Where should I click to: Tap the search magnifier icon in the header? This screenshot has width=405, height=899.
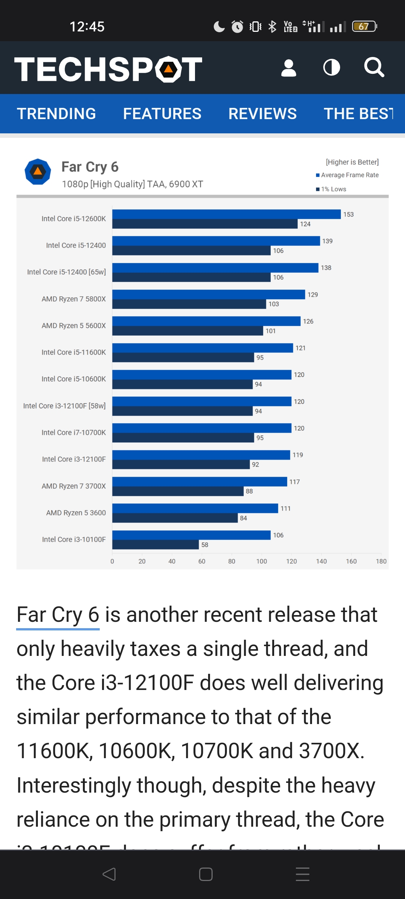[x=374, y=67]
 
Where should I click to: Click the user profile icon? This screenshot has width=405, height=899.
[x=288, y=68]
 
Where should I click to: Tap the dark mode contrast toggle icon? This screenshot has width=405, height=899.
[x=331, y=68]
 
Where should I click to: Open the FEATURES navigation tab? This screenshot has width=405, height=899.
[x=162, y=114]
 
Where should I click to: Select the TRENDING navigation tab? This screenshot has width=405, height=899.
[x=56, y=114]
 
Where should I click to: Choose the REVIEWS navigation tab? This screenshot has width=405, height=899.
[x=262, y=114]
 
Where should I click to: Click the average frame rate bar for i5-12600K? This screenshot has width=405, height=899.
[x=226, y=214]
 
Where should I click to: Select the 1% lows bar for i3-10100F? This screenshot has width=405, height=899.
[x=155, y=545]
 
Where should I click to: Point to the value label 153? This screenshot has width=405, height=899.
[x=348, y=215]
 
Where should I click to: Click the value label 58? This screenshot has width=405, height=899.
[x=205, y=545]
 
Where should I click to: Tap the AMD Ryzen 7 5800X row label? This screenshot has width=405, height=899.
[x=73, y=299]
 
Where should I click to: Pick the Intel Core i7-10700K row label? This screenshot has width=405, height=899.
[x=73, y=433]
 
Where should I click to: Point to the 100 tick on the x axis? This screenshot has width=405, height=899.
[x=261, y=562]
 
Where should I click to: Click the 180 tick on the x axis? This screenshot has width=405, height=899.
[x=381, y=562]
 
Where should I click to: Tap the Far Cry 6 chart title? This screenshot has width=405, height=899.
[x=90, y=167]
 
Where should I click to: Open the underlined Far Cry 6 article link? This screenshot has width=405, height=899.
[x=58, y=615]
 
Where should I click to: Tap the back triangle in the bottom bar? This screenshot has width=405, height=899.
[x=109, y=874]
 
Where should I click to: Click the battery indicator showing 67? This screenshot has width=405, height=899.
[x=364, y=27]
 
